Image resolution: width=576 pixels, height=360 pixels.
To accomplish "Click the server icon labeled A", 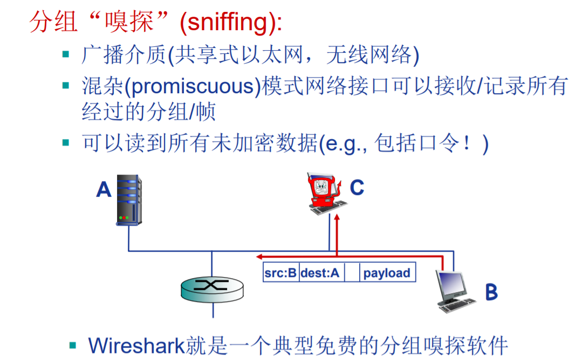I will tap(129, 200).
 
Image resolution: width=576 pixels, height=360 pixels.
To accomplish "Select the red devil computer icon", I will tap(323, 192).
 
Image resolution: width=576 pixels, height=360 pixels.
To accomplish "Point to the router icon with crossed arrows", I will tap(211, 289).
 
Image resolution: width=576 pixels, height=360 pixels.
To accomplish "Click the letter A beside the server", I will tap(104, 189).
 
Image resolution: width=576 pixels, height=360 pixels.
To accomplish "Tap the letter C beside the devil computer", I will tap(357, 188).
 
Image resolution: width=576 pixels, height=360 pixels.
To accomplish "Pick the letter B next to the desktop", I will tap(491, 292).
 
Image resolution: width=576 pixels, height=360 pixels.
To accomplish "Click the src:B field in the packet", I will tap(281, 273).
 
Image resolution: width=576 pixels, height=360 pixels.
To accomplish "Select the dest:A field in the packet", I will tap(320, 273).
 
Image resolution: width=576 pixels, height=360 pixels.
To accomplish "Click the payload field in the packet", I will tap(387, 273).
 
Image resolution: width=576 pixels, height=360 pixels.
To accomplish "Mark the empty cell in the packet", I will tap(352, 273).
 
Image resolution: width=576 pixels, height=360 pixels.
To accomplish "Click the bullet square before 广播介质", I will tap(66, 54).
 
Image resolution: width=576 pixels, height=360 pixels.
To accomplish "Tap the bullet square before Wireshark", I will tap(73, 344).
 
